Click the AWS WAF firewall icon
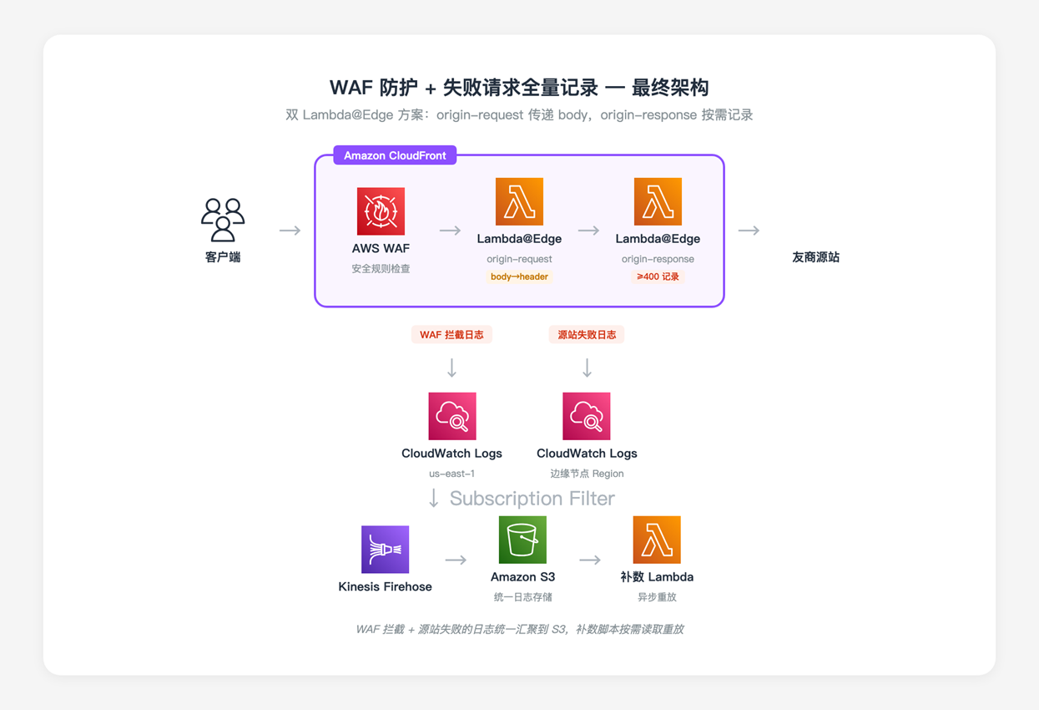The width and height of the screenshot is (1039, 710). [381, 211]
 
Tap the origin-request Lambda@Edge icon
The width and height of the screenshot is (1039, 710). [519, 201]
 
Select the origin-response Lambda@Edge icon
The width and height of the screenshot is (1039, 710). [658, 201]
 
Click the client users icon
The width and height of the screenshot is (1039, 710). [223, 220]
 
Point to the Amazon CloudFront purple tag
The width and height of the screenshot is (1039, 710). [395, 155]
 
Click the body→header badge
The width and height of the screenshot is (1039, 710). [519, 276]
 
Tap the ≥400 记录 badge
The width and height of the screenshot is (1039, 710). [658, 276]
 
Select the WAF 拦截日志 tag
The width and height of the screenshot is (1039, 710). [451, 335]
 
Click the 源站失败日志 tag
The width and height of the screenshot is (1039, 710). [587, 335]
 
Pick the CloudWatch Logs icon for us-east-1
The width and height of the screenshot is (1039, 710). [452, 416]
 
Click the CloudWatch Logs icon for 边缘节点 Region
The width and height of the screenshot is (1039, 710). [587, 416]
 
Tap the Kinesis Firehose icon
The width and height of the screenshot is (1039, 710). [385, 550]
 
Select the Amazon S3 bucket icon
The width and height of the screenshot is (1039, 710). [522, 540]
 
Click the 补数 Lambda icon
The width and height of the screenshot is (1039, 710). [657, 540]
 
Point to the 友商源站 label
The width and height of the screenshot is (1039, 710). [815, 257]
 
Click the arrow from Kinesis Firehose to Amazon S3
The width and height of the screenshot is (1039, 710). [456, 560]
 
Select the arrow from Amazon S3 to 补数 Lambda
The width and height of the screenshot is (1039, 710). [590, 560]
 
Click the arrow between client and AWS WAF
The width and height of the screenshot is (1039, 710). [290, 231]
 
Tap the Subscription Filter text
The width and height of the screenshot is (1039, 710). [532, 499]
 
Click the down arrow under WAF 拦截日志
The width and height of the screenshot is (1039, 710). [451, 368]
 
